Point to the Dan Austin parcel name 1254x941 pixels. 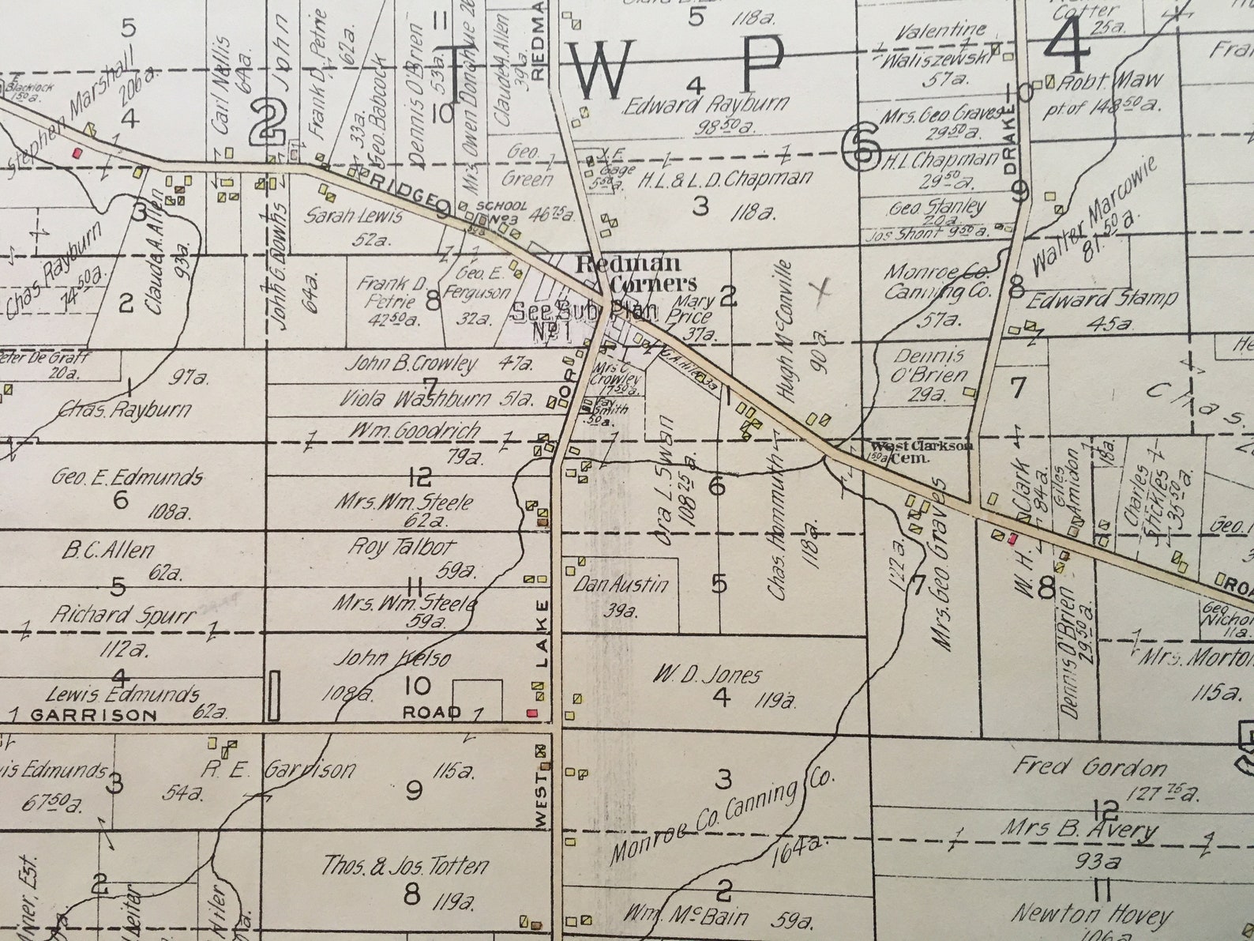click(621, 585)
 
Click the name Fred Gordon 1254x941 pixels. click(1090, 767)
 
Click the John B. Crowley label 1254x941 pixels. click(412, 364)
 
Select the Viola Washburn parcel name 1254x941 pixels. click(415, 400)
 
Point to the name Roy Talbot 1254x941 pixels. click(403, 547)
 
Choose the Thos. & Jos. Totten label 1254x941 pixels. click(404, 867)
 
